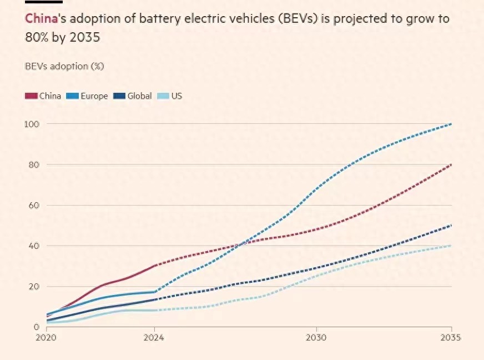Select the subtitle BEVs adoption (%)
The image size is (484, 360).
(64, 66)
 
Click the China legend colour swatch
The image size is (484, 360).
(31, 96)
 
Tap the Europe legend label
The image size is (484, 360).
(94, 96)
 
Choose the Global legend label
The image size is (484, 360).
(139, 96)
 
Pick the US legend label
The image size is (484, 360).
(177, 96)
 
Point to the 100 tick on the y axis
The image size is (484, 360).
(31, 123)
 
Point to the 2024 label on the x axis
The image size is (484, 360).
(154, 338)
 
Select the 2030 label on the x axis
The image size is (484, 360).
(316, 338)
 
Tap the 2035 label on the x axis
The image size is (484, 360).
(450, 338)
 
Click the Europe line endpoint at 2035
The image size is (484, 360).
(451, 124)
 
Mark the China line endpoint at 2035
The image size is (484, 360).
(451, 164)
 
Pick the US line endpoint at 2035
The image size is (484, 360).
(451, 246)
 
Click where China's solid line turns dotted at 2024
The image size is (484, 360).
(154, 266)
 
